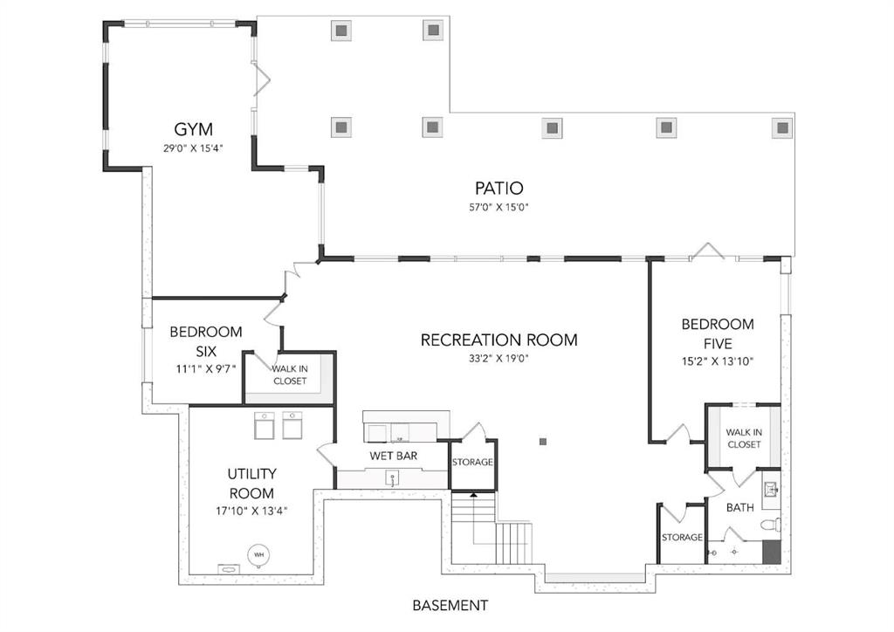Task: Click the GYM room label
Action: [x=193, y=129]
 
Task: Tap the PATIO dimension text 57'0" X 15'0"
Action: [x=499, y=208]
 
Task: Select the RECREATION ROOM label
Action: [x=499, y=340]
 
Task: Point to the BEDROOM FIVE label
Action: [x=718, y=333]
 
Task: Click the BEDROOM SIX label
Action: [x=205, y=341]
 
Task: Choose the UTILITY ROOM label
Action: [x=251, y=484]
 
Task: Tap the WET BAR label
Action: [x=393, y=456]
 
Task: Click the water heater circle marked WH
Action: [x=259, y=554]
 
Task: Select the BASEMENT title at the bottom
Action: [x=450, y=605]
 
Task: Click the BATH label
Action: [x=739, y=507]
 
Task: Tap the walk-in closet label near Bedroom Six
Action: [x=289, y=374]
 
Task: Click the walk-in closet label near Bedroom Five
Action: [x=743, y=438]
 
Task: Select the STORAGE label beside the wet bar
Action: [x=472, y=462]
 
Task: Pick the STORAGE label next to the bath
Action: [x=681, y=538]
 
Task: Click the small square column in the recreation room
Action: [x=543, y=442]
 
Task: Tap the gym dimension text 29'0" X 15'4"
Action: [x=193, y=148]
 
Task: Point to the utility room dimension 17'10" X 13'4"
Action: [x=251, y=511]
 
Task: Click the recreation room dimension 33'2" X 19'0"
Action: [x=499, y=358]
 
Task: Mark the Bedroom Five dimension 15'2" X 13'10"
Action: [x=718, y=361]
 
